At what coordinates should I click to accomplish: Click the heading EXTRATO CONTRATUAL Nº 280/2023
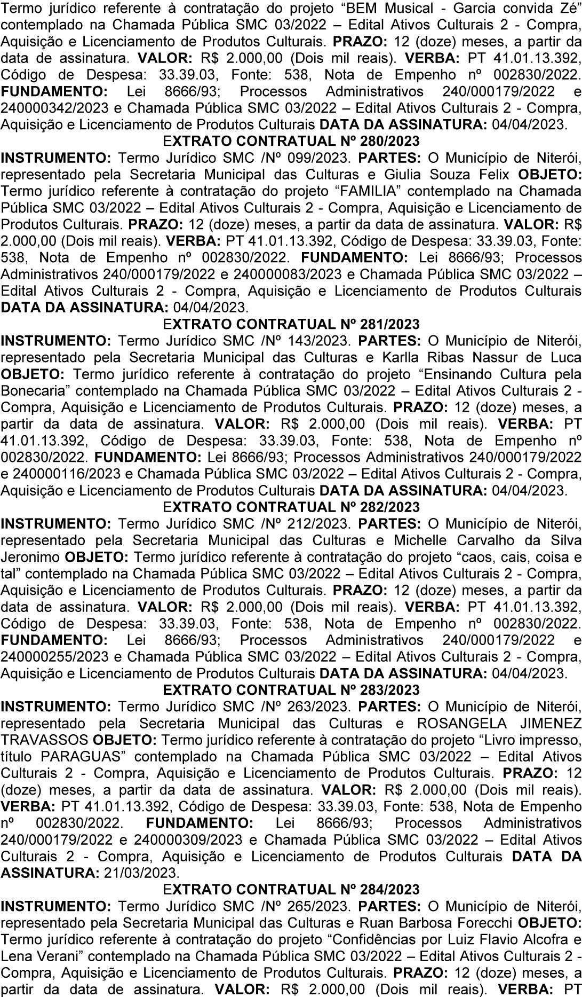point(291,142)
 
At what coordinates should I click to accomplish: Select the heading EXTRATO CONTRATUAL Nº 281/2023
point(291,324)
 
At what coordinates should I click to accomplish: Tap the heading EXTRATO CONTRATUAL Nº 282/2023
point(291,507)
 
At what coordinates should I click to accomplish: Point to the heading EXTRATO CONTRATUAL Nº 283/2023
point(291,689)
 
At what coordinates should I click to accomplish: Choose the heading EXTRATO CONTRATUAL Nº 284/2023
point(291,889)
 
